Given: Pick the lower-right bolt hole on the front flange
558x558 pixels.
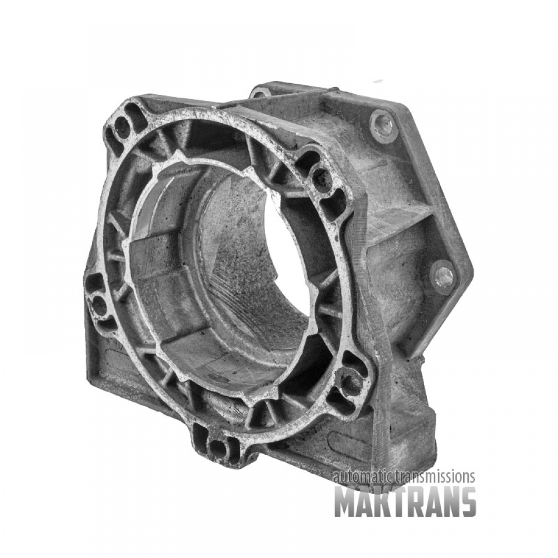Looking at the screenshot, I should pyautogui.click(x=351, y=383).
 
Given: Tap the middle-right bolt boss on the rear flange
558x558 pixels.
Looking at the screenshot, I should pyautogui.click(x=444, y=276).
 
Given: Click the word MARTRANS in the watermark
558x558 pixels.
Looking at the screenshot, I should pyautogui.click(x=405, y=502).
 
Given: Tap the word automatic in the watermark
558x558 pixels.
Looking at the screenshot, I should pyautogui.click(x=362, y=477).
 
